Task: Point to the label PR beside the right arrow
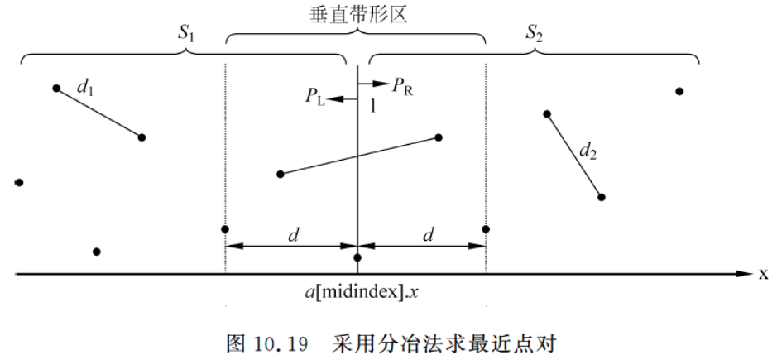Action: point(403,84)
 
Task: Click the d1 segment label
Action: point(84,85)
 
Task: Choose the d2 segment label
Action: point(588,151)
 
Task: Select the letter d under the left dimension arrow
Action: point(293,234)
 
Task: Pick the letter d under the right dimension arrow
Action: point(428,234)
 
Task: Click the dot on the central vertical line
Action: point(357,258)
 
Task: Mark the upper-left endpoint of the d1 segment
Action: point(56,88)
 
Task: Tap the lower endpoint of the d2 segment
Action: point(602,197)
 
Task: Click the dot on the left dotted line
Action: point(225,229)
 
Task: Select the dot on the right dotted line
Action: point(486,229)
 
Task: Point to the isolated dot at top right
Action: point(679,91)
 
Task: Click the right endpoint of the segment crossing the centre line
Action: point(439,137)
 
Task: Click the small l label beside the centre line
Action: point(372,106)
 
